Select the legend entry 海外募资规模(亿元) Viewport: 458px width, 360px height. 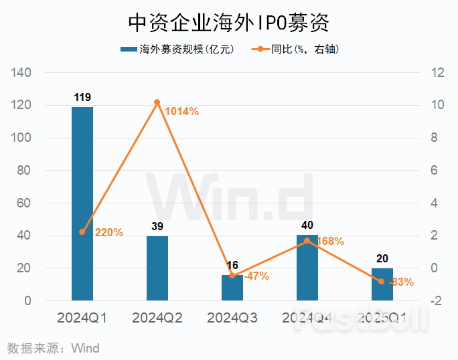coord(176,50)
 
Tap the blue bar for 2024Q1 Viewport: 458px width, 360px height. coord(82,203)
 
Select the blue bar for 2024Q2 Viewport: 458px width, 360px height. coord(157,268)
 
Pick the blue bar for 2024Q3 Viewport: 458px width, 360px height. coord(232,288)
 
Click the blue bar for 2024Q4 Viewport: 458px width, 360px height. coord(307,268)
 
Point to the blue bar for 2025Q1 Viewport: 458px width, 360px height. coord(382,284)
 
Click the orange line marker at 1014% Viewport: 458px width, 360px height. coord(157,102)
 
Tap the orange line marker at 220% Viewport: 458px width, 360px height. coord(82,232)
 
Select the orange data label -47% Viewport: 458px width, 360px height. coord(256,276)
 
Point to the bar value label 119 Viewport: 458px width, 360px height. coord(82,98)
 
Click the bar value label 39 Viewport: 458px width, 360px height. coord(157,227)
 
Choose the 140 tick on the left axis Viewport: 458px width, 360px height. coord(23,73)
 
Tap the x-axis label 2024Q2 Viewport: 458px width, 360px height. coord(157,317)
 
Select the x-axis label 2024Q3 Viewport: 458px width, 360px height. coord(232,317)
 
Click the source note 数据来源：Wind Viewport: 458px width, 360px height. coord(53,348)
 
